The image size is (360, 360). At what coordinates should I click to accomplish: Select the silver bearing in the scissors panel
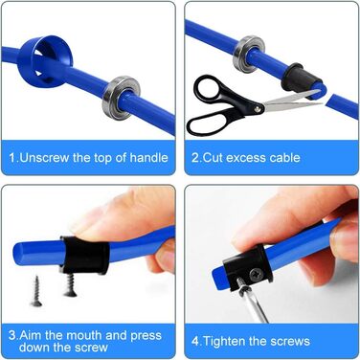(x=237, y=56)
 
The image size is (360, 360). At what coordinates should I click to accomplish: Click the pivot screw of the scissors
(x=258, y=109)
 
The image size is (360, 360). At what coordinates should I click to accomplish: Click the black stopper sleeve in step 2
(x=297, y=78)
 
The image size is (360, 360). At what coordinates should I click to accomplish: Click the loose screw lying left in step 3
(x=36, y=291)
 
